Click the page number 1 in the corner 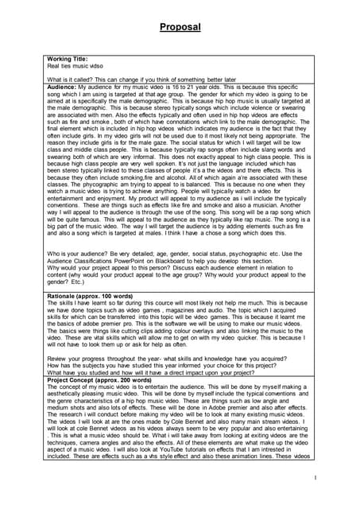[x=315, y=477]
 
